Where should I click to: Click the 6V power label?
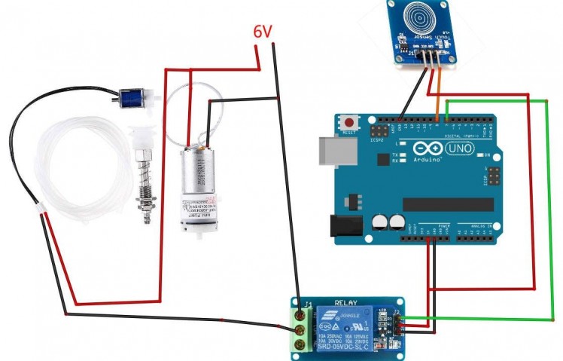[x=263, y=32]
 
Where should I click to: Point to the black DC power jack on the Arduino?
[x=344, y=227]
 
